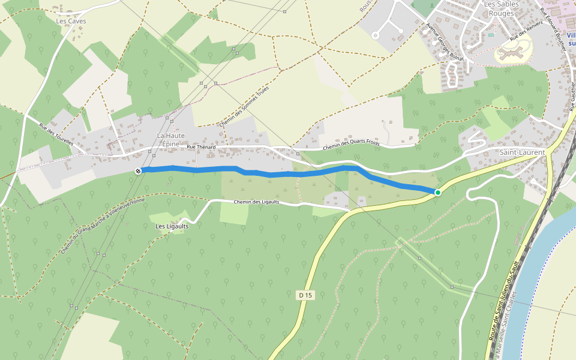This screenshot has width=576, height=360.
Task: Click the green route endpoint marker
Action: pos(438,192)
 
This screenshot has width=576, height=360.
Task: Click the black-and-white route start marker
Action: pos(138,171)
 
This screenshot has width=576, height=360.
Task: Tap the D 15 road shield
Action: pos(305,295)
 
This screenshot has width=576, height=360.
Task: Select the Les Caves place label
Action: pos(71,21)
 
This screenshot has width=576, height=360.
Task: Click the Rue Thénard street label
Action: pos(200,146)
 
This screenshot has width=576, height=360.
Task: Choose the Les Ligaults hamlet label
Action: pos(172,226)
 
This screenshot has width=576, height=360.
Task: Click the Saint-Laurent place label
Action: pos(523,152)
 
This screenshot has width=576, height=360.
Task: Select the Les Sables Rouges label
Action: pos(500,8)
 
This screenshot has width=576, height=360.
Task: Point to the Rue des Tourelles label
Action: pos(56,135)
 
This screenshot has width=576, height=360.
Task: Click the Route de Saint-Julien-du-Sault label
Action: pos(503,306)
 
